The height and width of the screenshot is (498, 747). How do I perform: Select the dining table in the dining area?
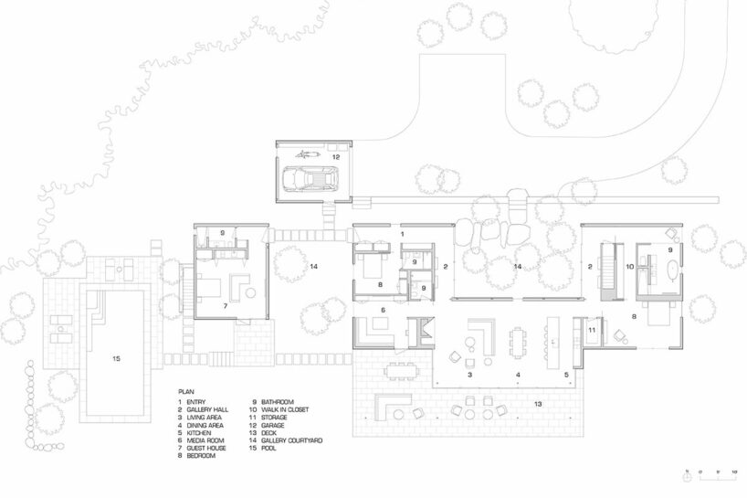tap(518, 343)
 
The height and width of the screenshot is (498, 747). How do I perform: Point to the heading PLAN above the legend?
tap(185, 388)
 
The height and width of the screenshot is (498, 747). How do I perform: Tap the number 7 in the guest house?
tap(226, 304)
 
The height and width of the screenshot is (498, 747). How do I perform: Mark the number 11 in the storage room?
tap(592, 329)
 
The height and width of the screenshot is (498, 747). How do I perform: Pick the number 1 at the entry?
tap(403, 235)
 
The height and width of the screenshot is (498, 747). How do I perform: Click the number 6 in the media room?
tap(383, 311)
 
